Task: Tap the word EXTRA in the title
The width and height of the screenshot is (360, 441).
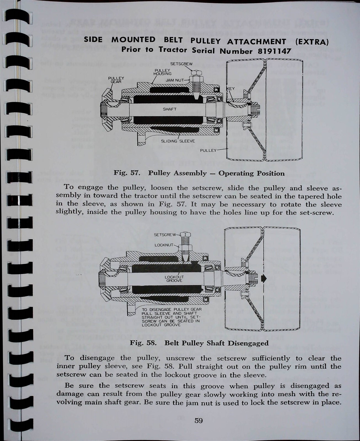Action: click(x=312, y=42)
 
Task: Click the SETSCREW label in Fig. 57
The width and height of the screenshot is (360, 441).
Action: click(x=181, y=64)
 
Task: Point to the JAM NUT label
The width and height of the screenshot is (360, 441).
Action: click(x=175, y=80)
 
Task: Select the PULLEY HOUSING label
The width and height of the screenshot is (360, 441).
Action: click(x=163, y=72)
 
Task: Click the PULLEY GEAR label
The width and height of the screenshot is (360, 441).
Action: click(x=116, y=80)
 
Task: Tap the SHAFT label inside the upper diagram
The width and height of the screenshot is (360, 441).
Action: click(x=170, y=109)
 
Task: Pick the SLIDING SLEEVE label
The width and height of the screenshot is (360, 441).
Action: click(x=178, y=141)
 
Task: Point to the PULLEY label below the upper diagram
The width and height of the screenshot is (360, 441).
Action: click(x=208, y=150)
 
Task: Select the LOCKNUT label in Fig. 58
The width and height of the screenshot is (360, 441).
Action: click(x=164, y=245)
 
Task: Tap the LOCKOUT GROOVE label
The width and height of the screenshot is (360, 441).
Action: click(x=174, y=279)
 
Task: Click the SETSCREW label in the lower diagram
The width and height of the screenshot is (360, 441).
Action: click(x=165, y=235)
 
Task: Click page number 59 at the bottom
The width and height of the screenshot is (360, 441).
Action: click(x=198, y=421)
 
